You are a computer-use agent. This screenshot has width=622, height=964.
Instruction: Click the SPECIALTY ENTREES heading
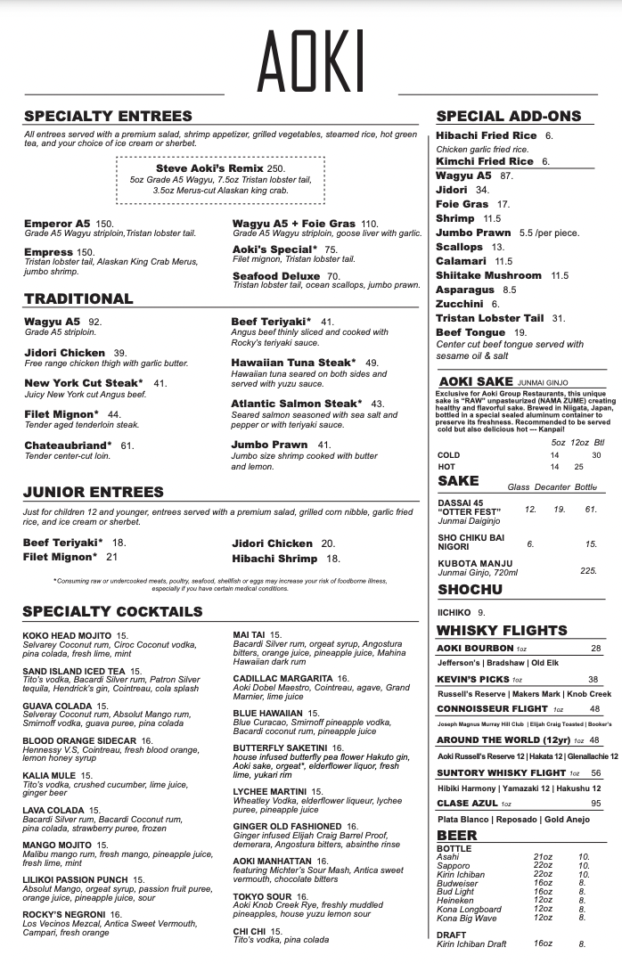(108, 116)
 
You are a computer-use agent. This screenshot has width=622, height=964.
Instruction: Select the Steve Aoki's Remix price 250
(275, 168)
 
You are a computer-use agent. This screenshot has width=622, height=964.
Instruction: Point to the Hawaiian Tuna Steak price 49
(372, 363)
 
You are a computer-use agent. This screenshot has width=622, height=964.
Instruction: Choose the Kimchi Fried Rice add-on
(485, 161)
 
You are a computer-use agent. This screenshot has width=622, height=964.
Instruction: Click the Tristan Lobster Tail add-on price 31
(559, 318)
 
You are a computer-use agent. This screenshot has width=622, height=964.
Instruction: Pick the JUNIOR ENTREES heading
(94, 492)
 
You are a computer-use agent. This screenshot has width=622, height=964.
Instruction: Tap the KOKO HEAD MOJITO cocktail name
(67, 636)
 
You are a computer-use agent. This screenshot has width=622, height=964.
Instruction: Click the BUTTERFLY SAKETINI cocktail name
(281, 748)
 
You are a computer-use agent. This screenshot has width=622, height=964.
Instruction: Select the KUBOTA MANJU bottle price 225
(588, 570)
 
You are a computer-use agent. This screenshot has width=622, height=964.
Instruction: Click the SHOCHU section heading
(470, 590)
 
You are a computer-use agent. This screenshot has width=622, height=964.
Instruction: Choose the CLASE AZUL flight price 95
(595, 804)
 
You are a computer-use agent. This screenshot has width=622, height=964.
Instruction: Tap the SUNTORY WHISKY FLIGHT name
(501, 772)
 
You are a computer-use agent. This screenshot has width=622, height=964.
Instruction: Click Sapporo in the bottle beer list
(454, 865)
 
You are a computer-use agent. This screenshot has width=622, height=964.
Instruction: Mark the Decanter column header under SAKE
(547, 487)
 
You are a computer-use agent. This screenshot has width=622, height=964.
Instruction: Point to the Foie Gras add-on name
(462, 204)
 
